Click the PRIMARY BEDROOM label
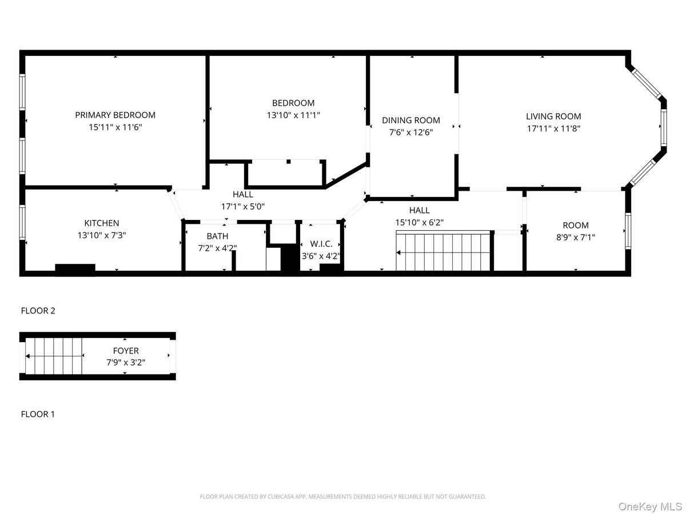click(115, 115)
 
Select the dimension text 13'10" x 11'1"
click(293, 115)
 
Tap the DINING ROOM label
click(411, 120)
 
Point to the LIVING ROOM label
click(553, 117)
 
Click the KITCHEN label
click(102, 223)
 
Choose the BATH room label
click(217, 236)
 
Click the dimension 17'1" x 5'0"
click(243, 206)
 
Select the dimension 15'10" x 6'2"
click(419, 222)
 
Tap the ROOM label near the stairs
click(575, 225)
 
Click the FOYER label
click(125, 351)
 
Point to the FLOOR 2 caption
click(38, 311)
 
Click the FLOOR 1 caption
click(38, 414)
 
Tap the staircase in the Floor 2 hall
click(444, 251)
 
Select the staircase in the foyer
click(55, 356)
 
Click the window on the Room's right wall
click(628, 231)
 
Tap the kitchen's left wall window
click(22, 223)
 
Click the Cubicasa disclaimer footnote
click(343, 497)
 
